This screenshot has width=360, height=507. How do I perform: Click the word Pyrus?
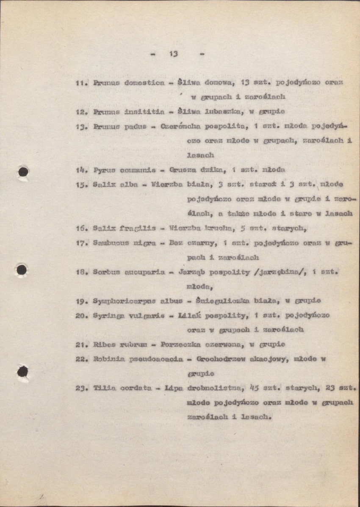pos(102,170)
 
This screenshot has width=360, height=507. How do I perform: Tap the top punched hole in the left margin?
pos(23,172)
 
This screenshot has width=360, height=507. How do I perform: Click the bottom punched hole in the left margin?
pos(22,372)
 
